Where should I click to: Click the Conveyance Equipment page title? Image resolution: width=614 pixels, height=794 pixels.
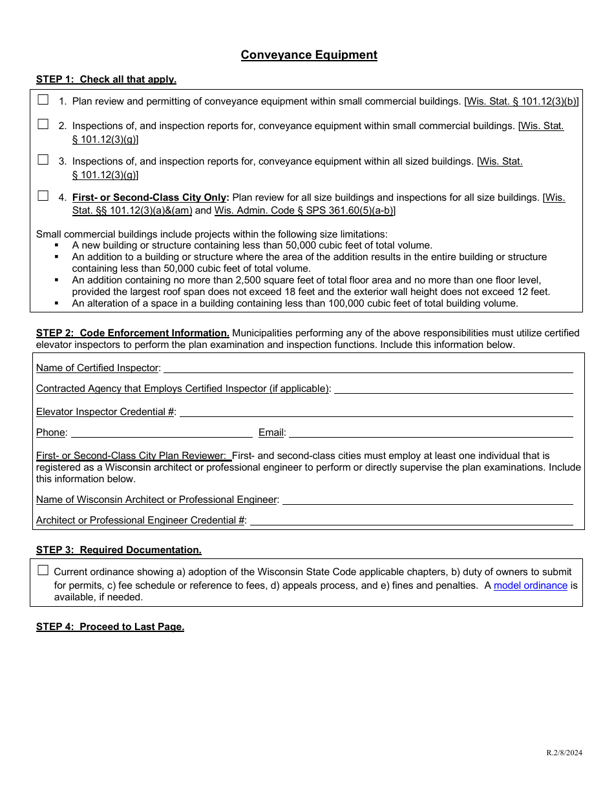[x=309, y=55]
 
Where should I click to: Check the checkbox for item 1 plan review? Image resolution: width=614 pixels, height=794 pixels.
[x=43, y=100]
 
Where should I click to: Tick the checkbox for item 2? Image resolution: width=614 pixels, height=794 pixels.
[x=43, y=125]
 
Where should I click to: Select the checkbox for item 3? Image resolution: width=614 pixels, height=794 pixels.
[x=43, y=159]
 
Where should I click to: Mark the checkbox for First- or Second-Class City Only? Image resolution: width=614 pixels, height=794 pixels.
[x=43, y=196]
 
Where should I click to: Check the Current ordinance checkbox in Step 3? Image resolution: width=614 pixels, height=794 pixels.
[x=43, y=570]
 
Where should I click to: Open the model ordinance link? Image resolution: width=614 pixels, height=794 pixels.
[x=530, y=585]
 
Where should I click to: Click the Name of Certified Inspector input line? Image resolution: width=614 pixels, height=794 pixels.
[x=368, y=368]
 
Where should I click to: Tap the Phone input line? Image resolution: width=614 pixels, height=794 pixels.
[x=162, y=433]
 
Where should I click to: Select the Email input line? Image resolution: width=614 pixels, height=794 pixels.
[x=430, y=433]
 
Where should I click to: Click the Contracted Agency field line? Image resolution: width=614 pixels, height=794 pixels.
[x=453, y=389]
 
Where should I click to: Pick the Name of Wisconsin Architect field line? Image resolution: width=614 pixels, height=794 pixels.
[x=427, y=500]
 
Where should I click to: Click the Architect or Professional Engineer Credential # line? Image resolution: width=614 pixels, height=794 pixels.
[x=411, y=520]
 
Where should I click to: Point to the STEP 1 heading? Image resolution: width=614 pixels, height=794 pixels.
[x=106, y=79]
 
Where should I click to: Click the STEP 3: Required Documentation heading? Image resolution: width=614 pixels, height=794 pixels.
[x=119, y=550]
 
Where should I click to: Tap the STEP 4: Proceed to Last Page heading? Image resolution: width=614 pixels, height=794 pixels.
[x=110, y=627]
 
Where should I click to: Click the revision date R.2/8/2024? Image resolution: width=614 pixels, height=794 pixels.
[x=564, y=753]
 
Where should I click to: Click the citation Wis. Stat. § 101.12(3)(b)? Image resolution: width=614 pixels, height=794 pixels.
[x=521, y=101]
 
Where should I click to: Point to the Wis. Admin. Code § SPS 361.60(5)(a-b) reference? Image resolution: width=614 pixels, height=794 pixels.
[x=304, y=210]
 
